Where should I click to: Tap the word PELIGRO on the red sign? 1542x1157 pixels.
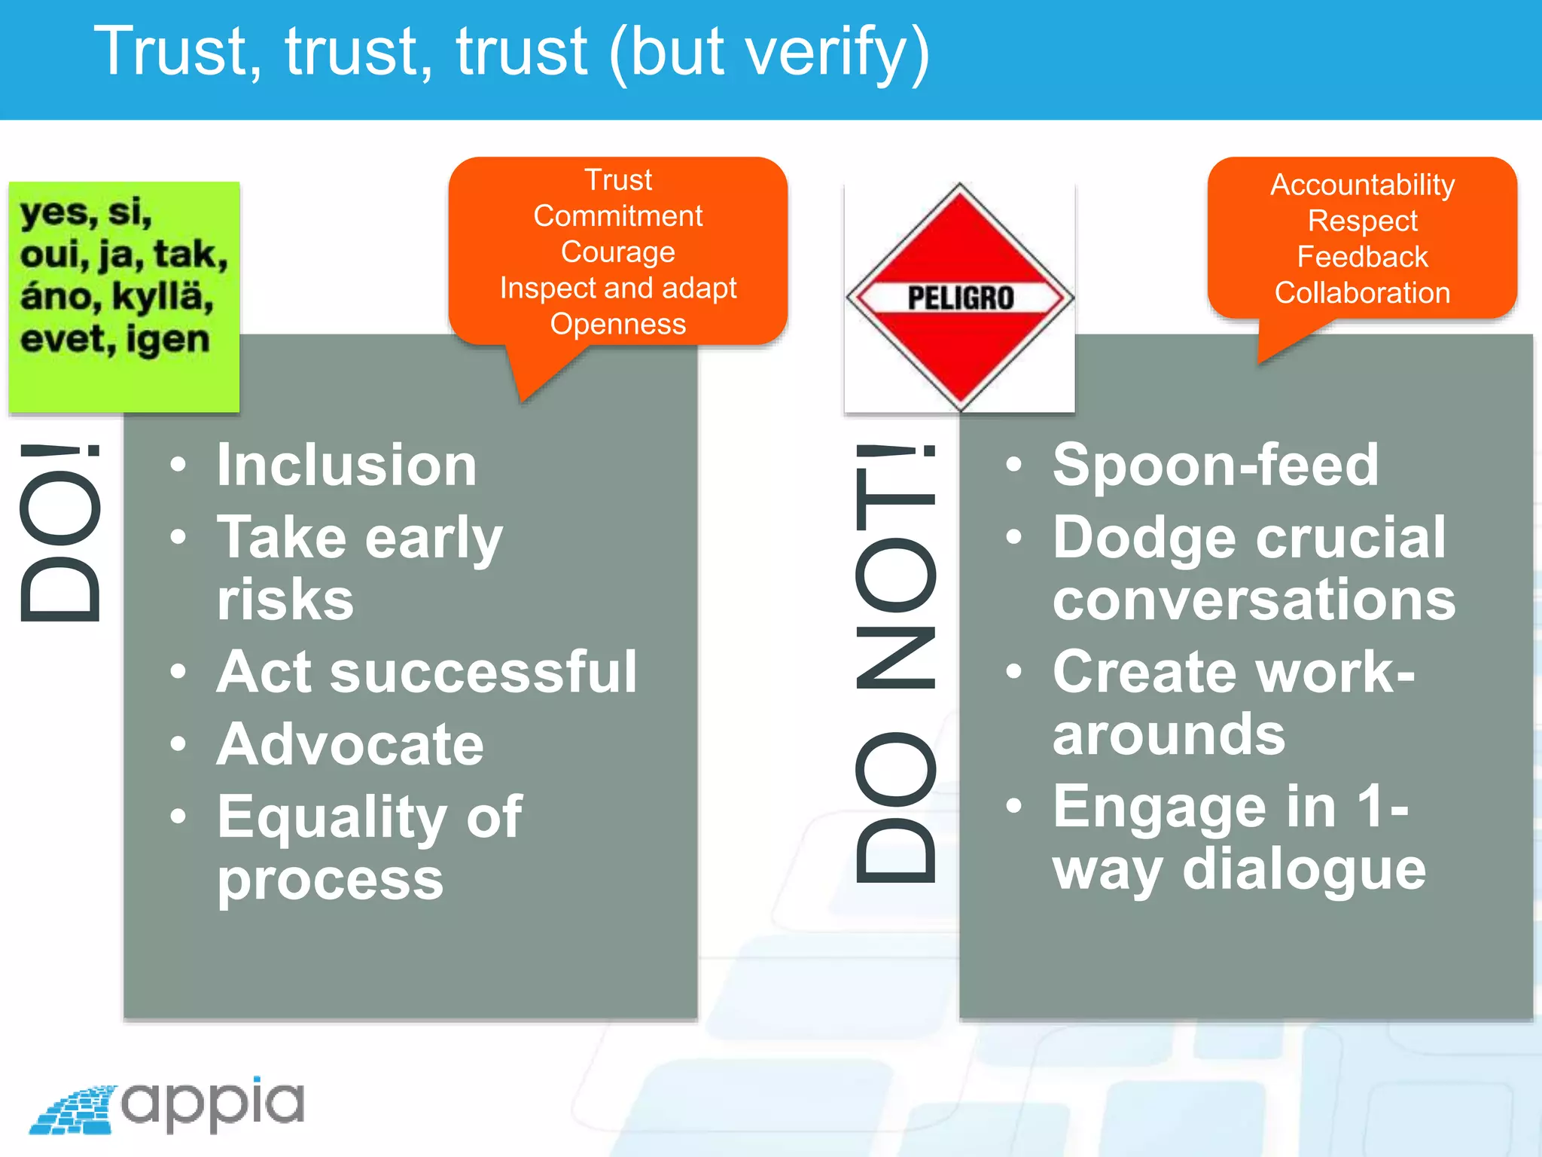(x=960, y=298)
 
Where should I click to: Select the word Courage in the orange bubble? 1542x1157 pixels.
(x=617, y=252)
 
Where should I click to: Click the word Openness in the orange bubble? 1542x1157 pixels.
(x=617, y=324)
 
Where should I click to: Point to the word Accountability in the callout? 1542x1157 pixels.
(x=1362, y=185)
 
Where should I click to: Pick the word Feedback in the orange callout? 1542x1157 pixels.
(x=1362, y=257)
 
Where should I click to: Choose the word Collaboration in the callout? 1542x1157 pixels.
(x=1362, y=293)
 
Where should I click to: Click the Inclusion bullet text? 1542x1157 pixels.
(x=346, y=466)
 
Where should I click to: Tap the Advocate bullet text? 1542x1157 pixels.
(x=350, y=745)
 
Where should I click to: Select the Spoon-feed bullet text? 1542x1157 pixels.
(x=1215, y=465)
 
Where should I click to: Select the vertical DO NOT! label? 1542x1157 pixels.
(x=896, y=663)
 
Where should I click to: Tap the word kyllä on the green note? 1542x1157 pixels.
(x=163, y=296)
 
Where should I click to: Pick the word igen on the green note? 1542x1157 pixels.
(x=167, y=339)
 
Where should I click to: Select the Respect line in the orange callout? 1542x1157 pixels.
(x=1362, y=221)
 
